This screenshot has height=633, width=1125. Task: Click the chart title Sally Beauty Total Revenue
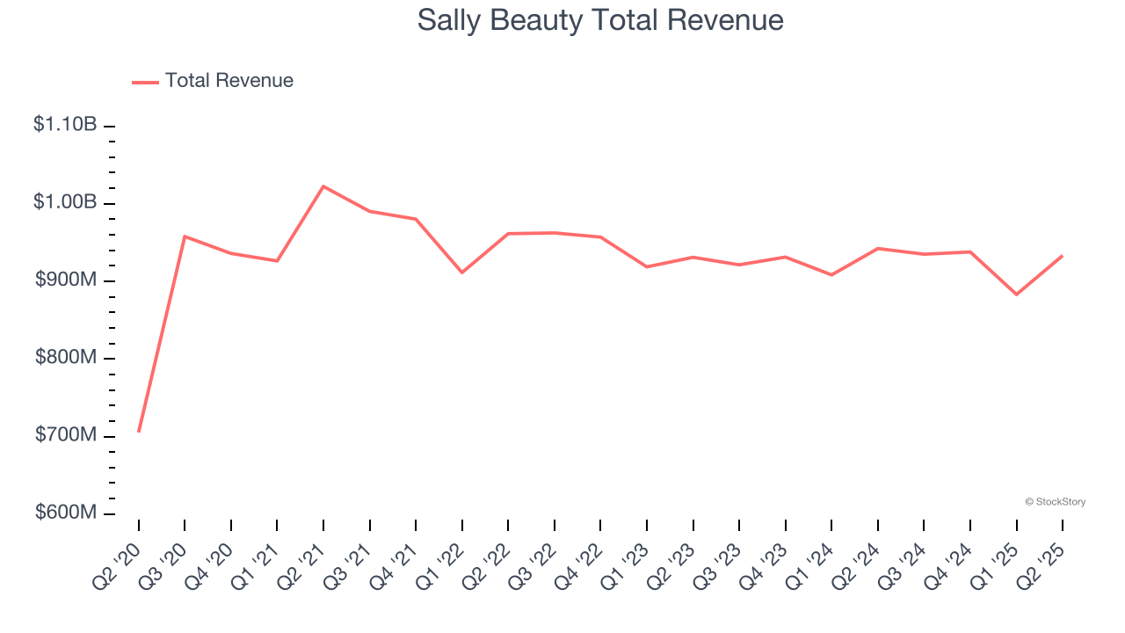[x=600, y=19]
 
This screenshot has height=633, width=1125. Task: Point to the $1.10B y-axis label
[x=65, y=125]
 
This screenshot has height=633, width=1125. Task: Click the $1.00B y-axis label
[x=65, y=202]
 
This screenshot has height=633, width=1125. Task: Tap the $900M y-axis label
[x=65, y=280]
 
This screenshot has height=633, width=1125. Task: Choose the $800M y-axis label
[x=65, y=358]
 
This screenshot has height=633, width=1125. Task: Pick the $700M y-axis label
[x=65, y=435]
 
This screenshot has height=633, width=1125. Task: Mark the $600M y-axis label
[x=65, y=513]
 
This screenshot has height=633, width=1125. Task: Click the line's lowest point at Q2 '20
[x=139, y=431]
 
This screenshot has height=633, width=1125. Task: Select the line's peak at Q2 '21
[x=323, y=186]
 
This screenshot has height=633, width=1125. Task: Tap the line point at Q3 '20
[x=185, y=236]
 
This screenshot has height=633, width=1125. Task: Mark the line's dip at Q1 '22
[x=462, y=273]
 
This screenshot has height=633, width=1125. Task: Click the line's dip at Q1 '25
[x=1017, y=294]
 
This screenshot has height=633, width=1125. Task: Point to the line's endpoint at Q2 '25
[x=1063, y=256]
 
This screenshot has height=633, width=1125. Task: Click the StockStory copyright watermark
[x=1055, y=502]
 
